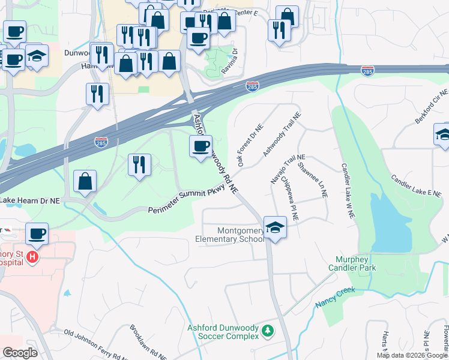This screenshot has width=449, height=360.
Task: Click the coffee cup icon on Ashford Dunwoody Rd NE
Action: click(x=200, y=146)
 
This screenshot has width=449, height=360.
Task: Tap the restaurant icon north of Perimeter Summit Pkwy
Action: click(x=139, y=164)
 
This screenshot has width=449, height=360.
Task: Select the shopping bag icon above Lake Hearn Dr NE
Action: click(x=85, y=181)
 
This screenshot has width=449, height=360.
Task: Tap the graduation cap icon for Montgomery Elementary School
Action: click(x=275, y=227)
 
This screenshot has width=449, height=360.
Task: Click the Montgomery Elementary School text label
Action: click(x=229, y=234)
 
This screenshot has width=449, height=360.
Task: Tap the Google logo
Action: click(x=20, y=353)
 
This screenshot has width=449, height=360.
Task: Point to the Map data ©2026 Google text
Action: click(x=412, y=355)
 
